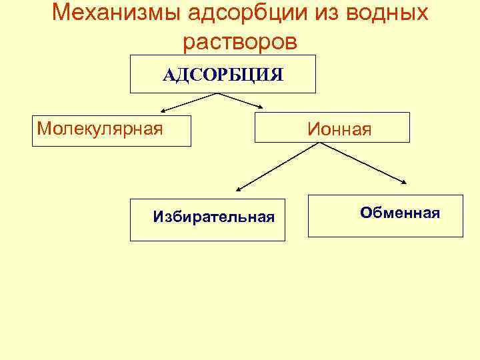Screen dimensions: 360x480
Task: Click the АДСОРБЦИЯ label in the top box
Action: point(223,74)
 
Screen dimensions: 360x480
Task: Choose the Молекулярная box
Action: point(100,128)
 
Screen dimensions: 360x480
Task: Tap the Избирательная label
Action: point(213,217)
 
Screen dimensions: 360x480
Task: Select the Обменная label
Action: point(399,213)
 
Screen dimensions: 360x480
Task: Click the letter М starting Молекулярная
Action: point(43,128)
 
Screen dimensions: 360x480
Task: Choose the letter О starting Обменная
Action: point(365,213)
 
